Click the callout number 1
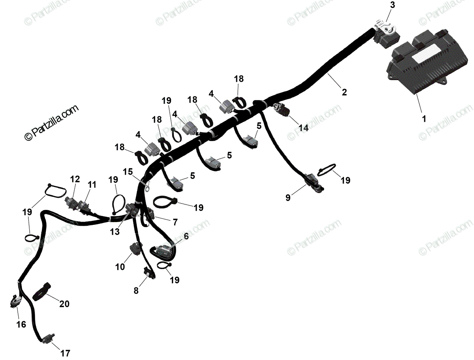click(x=424, y=119)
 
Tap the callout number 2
click(x=344, y=92)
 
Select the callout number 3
click(x=392, y=6)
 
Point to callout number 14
click(x=303, y=128)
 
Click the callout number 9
click(x=288, y=198)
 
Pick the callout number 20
click(x=64, y=304)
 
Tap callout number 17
click(x=65, y=353)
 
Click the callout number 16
click(x=21, y=324)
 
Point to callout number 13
click(x=115, y=232)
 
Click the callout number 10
click(x=120, y=267)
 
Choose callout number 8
click(x=136, y=291)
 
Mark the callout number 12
click(x=75, y=179)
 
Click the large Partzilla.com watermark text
click(x=51, y=123)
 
